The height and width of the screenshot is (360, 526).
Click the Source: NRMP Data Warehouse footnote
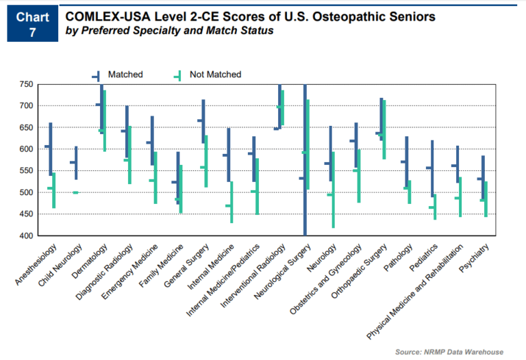449,352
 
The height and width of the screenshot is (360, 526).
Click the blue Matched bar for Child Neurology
77,163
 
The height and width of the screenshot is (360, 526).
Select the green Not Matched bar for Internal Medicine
231,202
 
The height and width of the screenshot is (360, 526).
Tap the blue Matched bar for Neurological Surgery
305,161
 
